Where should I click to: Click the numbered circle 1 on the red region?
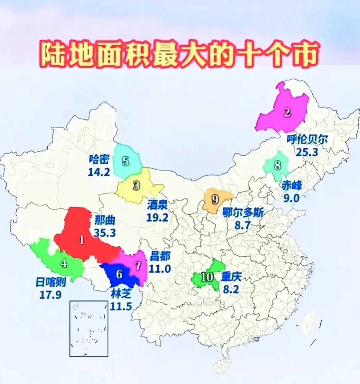coord(82,240)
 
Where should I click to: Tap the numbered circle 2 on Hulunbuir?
coord(287,112)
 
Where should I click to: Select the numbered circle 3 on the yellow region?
coord(137,186)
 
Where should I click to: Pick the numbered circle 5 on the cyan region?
coord(126,161)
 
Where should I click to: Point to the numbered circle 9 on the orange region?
coord(215,199)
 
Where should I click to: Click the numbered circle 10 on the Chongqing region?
coord(207,277)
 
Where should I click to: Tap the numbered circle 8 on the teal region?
coord(278,166)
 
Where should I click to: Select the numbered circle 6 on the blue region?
coord(119,274)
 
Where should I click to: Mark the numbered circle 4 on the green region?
coord(64,263)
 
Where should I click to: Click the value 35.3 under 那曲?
coord(105,233)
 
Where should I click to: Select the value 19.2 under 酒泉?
coord(157,217)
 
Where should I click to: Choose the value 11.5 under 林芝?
coord(121,306)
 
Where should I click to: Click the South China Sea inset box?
coord(89,328)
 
